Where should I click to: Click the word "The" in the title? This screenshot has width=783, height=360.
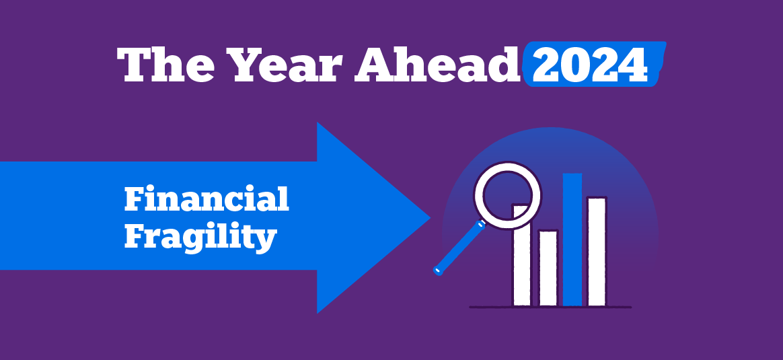170,65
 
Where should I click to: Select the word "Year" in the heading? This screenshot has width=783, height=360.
287,65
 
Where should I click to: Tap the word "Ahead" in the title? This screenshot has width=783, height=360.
438,65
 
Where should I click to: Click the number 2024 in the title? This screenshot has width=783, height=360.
590,65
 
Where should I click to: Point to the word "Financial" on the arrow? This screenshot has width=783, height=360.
207,199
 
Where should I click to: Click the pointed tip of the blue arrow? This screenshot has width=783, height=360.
430,218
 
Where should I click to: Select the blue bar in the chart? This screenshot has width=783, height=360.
572,239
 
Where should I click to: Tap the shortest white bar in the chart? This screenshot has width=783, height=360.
548,268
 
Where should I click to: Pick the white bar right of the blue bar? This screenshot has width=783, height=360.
596,251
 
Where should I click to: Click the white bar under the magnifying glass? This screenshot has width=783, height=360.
522,264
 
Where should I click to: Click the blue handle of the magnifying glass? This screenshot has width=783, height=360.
459,248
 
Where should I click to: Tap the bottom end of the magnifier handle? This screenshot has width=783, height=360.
438,271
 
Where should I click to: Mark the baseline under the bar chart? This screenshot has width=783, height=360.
550,307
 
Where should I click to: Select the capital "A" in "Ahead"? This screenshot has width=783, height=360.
374,65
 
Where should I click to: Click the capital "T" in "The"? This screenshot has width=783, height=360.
137,65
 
